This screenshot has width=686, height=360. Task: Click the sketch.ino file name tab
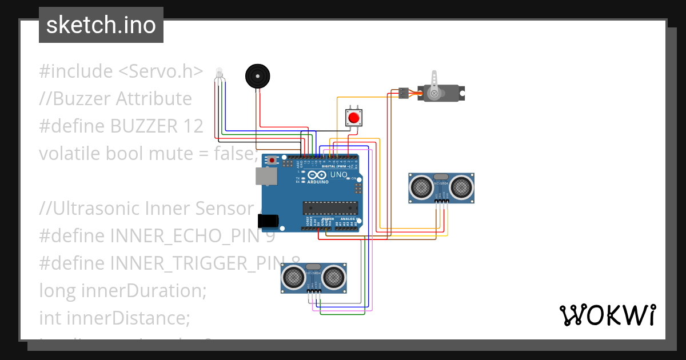click(x=101, y=25)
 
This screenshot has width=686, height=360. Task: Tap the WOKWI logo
click(x=607, y=315)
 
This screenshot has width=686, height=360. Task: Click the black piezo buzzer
click(x=257, y=76)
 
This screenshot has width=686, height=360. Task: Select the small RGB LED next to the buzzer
click(x=219, y=73)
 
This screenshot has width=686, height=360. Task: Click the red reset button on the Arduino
click(x=273, y=161)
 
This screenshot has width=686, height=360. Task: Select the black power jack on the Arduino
click(x=268, y=221)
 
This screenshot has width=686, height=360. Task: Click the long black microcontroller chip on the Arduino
click(x=330, y=209)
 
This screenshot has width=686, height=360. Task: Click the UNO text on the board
click(x=339, y=175)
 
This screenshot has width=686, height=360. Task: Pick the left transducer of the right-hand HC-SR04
click(x=422, y=187)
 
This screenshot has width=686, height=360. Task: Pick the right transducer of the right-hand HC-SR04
click(x=461, y=187)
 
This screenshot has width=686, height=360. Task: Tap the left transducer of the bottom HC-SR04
click(x=294, y=278)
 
